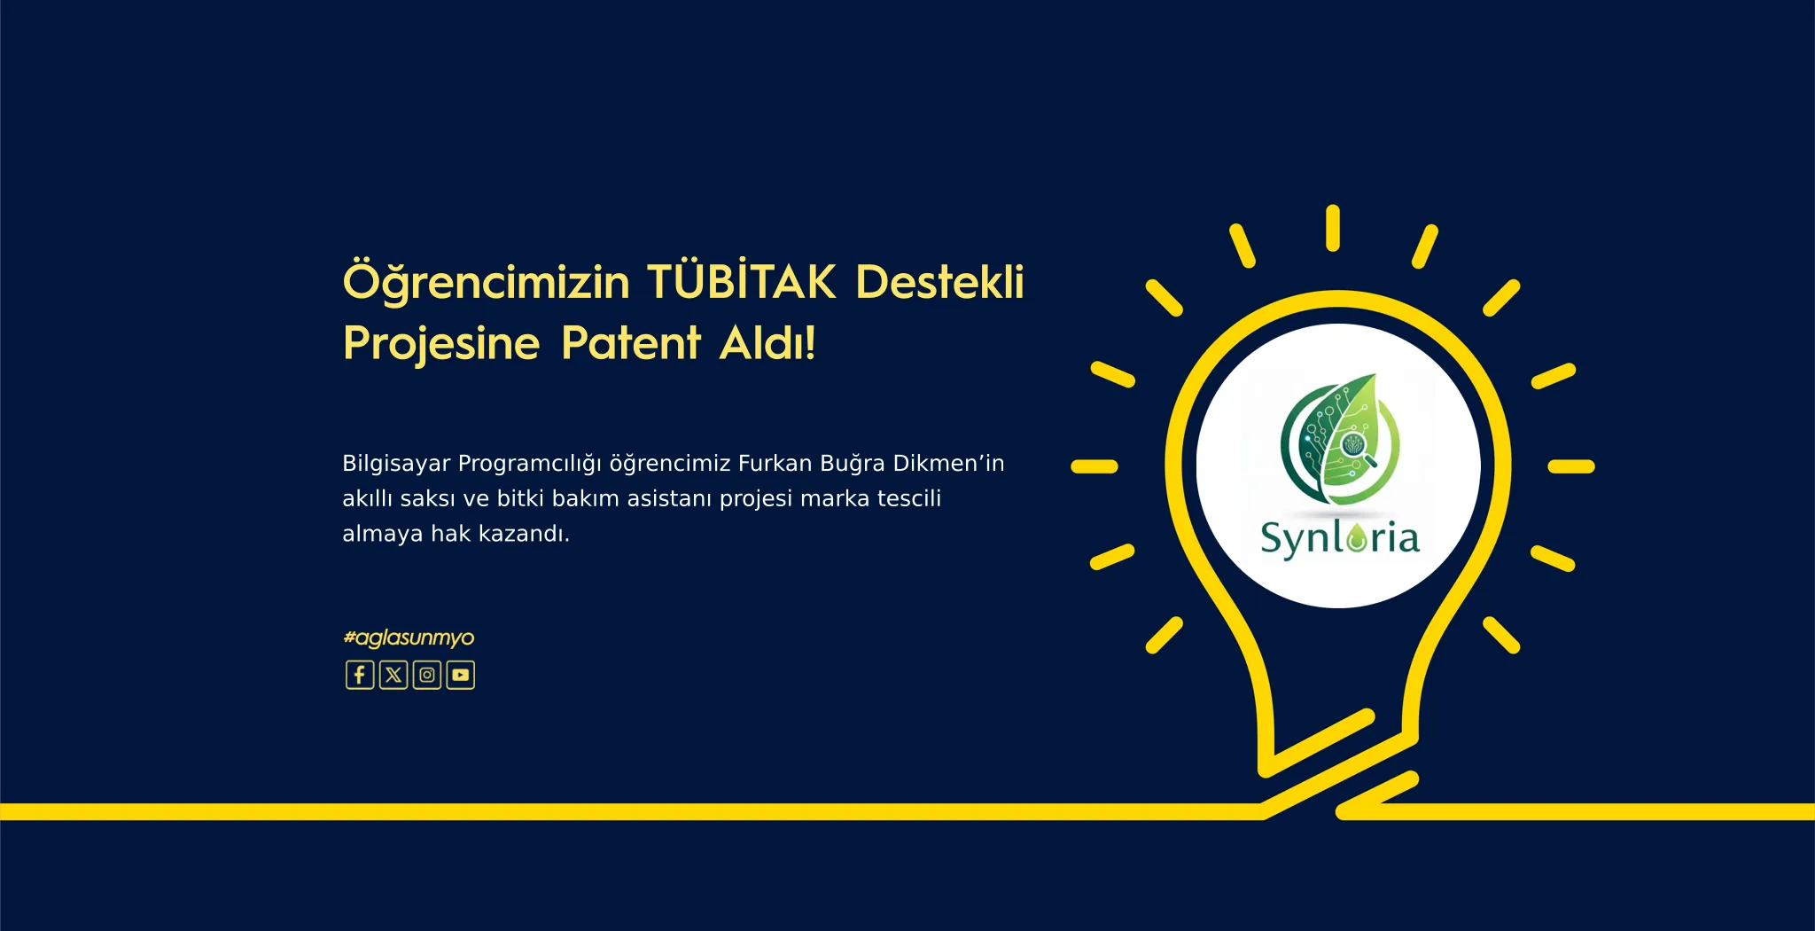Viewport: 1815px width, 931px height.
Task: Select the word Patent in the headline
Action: coord(631,342)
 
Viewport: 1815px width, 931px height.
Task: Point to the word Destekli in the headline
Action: coord(939,282)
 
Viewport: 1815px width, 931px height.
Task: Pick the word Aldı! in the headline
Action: coord(767,342)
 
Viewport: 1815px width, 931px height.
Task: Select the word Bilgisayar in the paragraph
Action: coord(396,465)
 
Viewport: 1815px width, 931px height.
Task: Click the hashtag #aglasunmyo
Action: coord(409,638)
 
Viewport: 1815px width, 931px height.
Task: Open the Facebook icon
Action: coord(360,675)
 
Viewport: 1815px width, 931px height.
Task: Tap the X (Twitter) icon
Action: coord(393,675)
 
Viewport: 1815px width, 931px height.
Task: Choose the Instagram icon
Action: coord(427,675)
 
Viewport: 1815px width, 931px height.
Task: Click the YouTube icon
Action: coord(461,675)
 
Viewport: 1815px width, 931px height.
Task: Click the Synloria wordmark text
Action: coord(1340,538)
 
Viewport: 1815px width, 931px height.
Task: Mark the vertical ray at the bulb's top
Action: coord(1333,228)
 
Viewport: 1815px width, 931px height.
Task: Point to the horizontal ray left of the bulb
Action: coord(1094,466)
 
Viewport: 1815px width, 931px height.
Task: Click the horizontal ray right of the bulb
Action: coord(1571,466)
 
